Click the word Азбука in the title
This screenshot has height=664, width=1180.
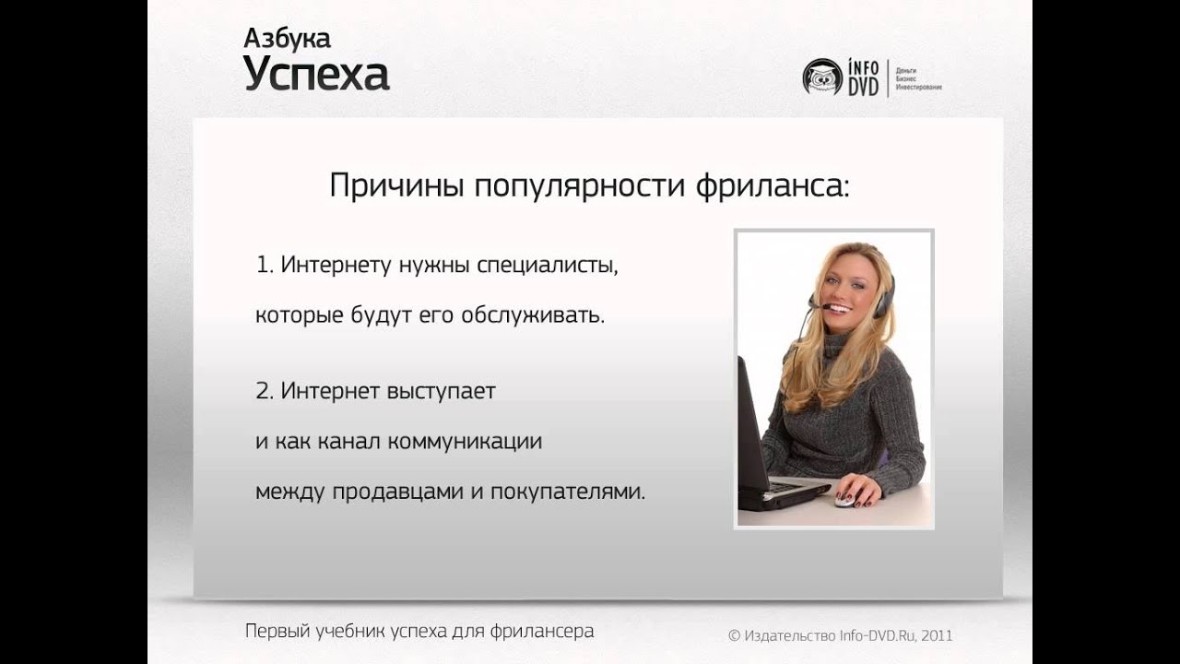pyautogui.click(x=287, y=38)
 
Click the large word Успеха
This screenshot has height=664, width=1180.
pyautogui.click(x=316, y=75)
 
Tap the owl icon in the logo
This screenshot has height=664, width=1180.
pyautogui.click(x=821, y=77)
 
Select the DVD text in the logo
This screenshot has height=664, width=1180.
pyautogui.click(x=864, y=87)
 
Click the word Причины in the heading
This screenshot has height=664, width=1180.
pyautogui.click(x=396, y=186)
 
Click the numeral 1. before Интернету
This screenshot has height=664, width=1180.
pyautogui.click(x=265, y=266)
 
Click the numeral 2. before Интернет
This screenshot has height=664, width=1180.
pyautogui.click(x=265, y=391)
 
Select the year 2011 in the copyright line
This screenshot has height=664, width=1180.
pyautogui.click(x=936, y=635)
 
